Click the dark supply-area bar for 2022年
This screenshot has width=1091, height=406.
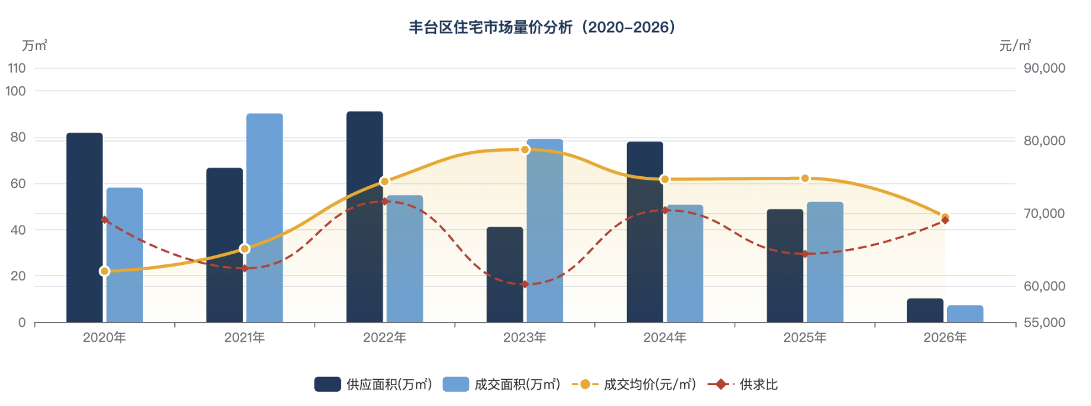(364, 217)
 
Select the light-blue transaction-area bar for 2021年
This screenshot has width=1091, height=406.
(264, 218)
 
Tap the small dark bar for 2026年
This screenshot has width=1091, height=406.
(924, 310)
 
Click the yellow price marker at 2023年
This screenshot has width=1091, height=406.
(525, 149)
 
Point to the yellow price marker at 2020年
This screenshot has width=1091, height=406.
(105, 271)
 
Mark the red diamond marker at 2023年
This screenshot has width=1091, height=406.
(525, 285)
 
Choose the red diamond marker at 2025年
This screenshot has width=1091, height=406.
(805, 254)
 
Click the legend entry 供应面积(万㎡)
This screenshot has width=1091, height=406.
(373, 385)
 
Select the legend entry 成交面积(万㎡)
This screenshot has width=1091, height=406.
(501, 385)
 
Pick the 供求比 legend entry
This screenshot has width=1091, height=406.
(743, 385)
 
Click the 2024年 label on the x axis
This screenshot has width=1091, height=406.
(664, 338)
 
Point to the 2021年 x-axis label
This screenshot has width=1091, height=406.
(244, 338)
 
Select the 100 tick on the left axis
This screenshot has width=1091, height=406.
(16, 91)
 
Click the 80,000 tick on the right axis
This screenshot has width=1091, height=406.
(1044, 141)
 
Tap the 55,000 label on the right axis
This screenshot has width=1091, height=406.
(1044, 323)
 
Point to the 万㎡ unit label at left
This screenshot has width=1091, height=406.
(35, 46)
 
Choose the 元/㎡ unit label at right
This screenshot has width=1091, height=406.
(1015, 46)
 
